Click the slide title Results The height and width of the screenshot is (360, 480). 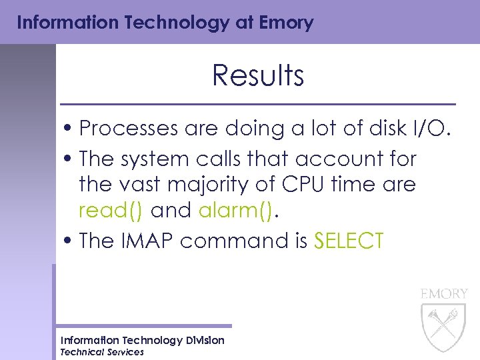(x=258, y=76)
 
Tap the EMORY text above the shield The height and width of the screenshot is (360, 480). (x=444, y=294)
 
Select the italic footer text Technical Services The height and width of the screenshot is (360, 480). (x=102, y=352)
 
